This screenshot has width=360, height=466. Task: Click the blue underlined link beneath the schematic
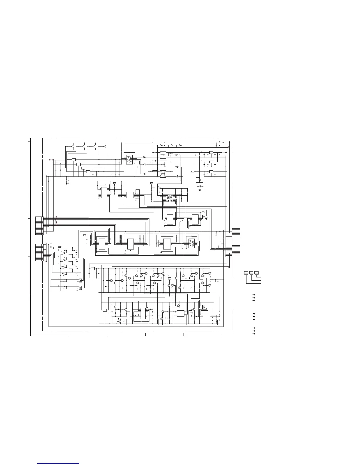point(59,463)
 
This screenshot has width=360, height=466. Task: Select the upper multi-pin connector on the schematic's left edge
point(39,226)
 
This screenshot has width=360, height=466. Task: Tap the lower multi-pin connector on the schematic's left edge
point(39,252)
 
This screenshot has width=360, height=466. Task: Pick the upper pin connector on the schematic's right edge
point(236,232)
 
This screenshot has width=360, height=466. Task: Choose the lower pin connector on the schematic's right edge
point(236,251)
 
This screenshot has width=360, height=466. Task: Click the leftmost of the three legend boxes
point(246,273)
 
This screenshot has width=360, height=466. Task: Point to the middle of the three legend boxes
point(251,273)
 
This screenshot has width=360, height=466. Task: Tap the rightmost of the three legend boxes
point(256,273)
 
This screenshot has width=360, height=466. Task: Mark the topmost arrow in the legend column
point(253,295)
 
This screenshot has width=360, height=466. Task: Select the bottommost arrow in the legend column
point(253,334)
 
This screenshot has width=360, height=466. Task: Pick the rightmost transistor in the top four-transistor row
point(105,146)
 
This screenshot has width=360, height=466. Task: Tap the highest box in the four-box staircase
point(74,159)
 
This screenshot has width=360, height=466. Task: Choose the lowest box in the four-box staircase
point(88,172)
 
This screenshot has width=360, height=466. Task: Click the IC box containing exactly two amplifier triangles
point(129,159)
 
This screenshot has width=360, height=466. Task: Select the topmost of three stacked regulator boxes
point(211,153)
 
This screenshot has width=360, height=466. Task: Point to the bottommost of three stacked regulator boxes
point(211,172)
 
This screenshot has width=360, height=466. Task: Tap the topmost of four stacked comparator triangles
point(64,253)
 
